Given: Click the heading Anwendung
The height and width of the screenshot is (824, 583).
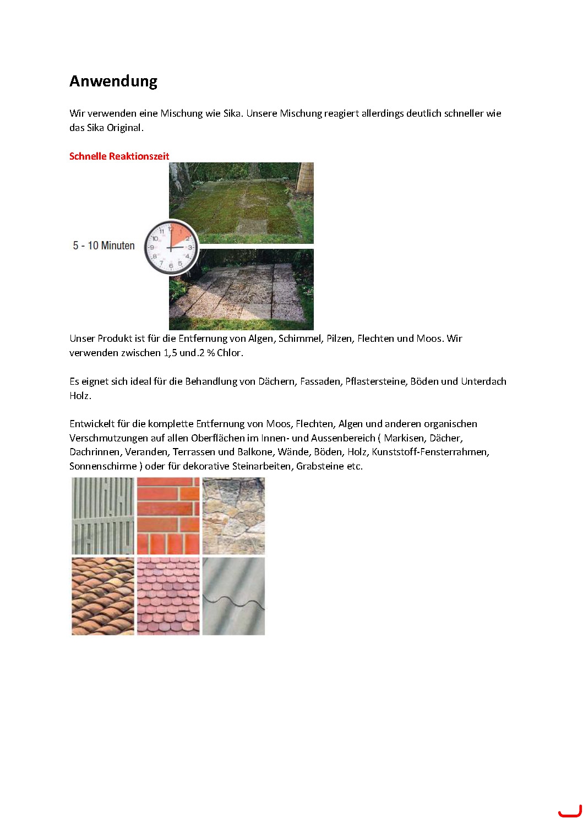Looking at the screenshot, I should [113, 81].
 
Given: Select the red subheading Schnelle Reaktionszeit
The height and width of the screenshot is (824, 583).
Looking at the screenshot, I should [119, 156].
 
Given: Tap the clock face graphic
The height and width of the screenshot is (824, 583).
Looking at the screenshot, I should [171, 248].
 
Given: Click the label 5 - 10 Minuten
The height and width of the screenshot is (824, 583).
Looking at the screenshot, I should [103, 245].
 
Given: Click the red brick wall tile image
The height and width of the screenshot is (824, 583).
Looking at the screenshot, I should [168, 516].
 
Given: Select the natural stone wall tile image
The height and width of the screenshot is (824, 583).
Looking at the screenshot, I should [233, 516].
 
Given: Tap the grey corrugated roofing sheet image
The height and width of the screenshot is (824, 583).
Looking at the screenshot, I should [233, 596].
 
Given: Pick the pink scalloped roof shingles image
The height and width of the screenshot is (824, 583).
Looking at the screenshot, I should [168, 596].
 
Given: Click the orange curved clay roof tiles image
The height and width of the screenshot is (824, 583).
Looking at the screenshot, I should [103, 596].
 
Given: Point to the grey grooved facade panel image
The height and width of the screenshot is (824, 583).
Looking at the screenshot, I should [103, 516].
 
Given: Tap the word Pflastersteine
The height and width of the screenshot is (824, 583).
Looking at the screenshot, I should [375, 381].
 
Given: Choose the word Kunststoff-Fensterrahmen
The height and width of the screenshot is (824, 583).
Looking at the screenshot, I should [430, 452].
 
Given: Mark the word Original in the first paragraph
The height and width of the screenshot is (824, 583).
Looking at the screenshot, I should [124, 128].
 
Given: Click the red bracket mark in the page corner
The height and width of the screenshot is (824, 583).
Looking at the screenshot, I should [569, 812].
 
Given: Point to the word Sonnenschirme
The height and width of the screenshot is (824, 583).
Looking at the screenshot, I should [103, 466].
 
